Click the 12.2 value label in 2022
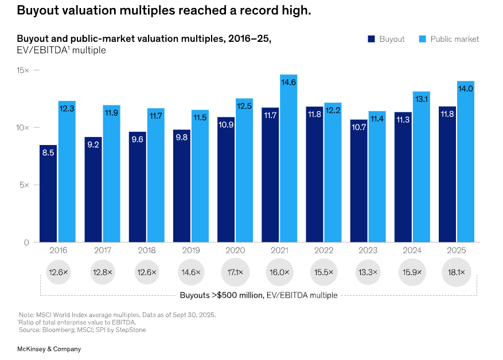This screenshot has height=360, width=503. tap(333, 110)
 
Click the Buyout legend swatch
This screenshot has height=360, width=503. tap(371, 39)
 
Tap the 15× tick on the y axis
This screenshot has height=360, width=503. tap(23, 70)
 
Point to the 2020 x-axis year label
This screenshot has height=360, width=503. tap(235, 250)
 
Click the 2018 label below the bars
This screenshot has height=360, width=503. tap(146, 250)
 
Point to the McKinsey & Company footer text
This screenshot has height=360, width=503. tap(49, 349)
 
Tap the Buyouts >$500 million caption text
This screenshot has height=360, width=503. tap(258, 295)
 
